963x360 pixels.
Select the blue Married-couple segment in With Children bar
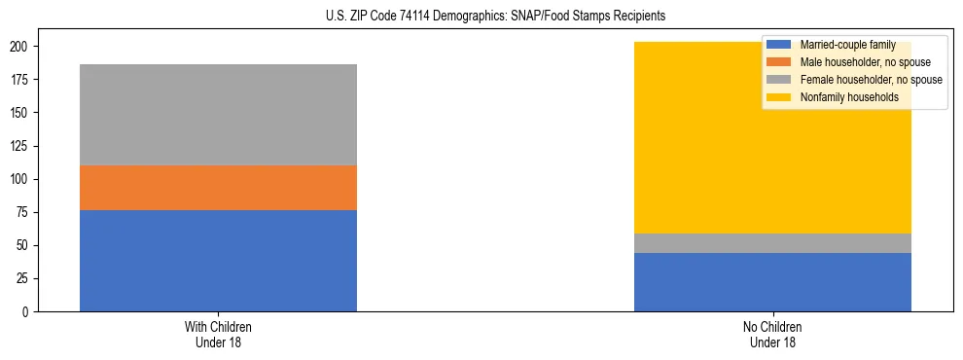tap(218, 261)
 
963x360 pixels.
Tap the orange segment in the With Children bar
tap(218, 188)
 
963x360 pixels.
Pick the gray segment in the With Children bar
tap(218, 115)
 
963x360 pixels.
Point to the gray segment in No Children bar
tap(772, 243)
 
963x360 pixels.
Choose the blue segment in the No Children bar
tap(772, 282)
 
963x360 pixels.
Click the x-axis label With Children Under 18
tap(218, 334)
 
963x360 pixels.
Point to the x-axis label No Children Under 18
tap(772, 334)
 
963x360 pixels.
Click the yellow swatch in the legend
tap(779, 97)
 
